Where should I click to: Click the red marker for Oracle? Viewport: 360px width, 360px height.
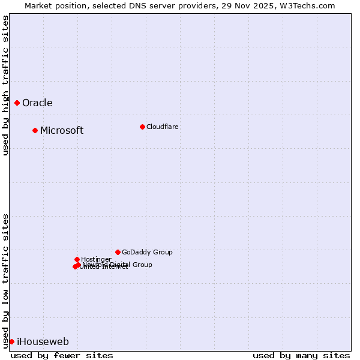tap(17, 103)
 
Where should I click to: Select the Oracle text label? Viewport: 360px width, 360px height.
tap(37, 103)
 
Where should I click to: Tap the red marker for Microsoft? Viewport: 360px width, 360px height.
tap(35, 131)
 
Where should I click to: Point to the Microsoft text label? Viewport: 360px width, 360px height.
tap(62, 131)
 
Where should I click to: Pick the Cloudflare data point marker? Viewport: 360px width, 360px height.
tap(142, 127)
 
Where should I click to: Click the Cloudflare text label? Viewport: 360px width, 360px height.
tap(162, 127)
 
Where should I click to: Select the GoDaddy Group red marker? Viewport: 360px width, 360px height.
tap(118, 253)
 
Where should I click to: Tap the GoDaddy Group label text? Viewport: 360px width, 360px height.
tap(147, 253)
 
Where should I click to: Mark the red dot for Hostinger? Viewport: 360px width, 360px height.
tap(77, 259)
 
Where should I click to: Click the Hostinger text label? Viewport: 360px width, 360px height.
tap(96, 259)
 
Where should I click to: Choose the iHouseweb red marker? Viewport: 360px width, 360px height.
tap(11, 341)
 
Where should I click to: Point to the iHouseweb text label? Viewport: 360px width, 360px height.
tap(43, 342)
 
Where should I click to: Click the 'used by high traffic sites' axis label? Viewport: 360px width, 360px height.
tap(5, 85)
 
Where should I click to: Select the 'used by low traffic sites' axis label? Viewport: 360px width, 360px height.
tap(5, 280)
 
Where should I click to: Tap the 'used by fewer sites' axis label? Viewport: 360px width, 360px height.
tap(62, 355)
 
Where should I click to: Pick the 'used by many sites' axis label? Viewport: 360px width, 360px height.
tap(301, 355)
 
